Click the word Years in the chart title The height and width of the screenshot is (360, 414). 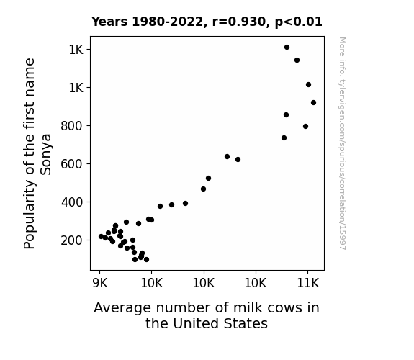click(109, 22)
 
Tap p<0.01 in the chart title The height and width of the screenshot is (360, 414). click(298, 22)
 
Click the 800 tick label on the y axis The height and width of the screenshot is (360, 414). click(71, 126)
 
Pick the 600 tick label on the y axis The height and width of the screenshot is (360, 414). click(71, 164)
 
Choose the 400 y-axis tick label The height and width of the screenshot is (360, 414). click(71, 202)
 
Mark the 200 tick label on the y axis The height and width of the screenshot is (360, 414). click(71, 240)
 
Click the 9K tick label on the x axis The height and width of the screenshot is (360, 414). click(100, 283)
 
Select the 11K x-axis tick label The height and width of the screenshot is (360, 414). click(308, 283)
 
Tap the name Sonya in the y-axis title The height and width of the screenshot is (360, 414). click(46, 155)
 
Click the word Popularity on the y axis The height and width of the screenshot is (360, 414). click(29, 215)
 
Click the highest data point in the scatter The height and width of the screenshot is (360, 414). click(287, 48)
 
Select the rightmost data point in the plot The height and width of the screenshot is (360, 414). click(313, 103)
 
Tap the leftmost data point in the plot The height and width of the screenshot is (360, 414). click(101, 236)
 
